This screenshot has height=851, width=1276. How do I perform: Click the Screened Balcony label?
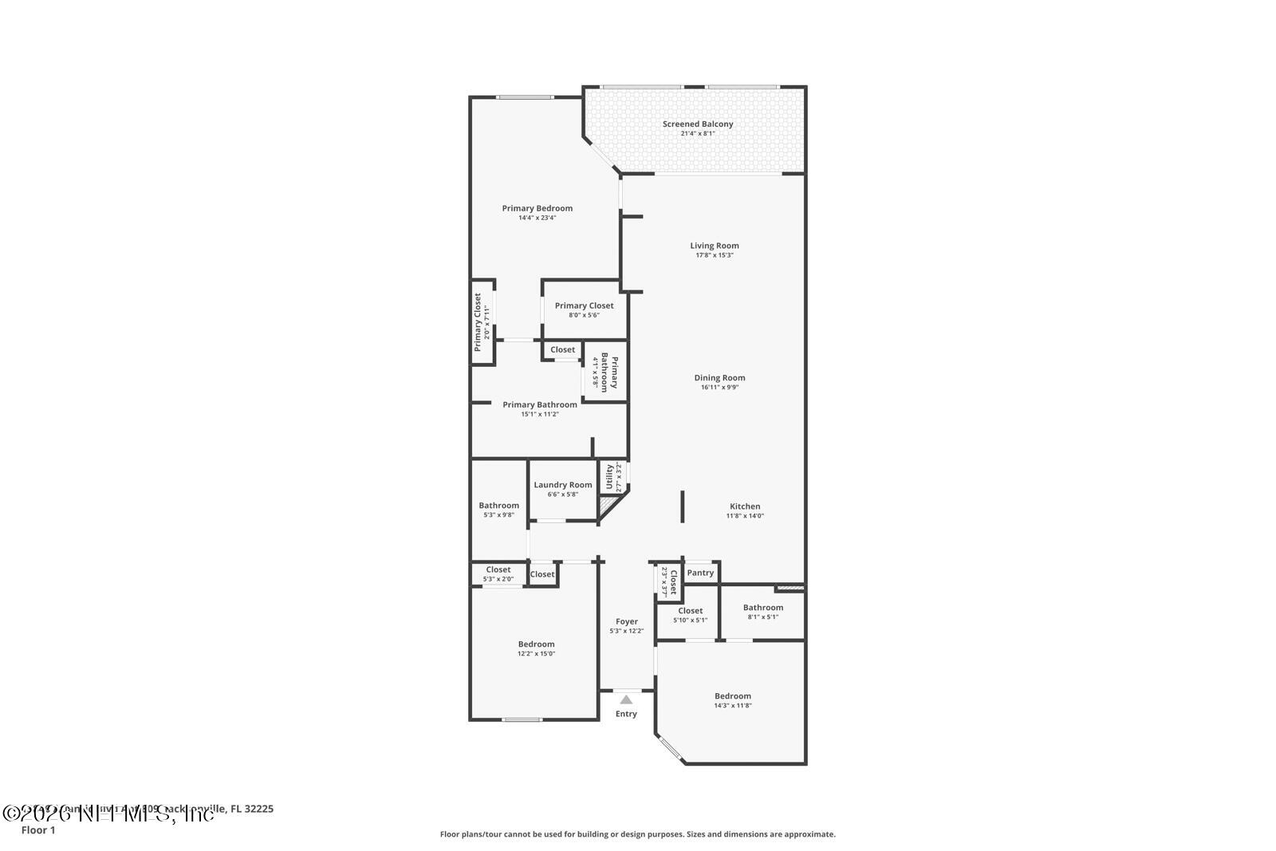(697, 124)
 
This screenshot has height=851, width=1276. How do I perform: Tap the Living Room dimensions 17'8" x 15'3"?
(714, 255)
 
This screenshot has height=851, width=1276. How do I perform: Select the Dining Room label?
(719, 378)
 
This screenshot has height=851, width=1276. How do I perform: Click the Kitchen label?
(745, 506)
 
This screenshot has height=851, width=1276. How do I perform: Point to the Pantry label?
(700, 573)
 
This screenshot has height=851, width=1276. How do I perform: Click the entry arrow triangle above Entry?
(626, 699)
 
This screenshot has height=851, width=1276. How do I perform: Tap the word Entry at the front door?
(626, 714)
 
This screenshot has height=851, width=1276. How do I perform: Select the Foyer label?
(626, 621)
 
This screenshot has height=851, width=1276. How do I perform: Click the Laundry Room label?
(562, 485)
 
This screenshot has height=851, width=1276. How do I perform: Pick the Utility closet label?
(610, 477)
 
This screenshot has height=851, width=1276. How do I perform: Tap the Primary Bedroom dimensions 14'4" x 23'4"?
(537, 218)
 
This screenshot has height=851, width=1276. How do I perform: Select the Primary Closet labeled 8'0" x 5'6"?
(584, 305)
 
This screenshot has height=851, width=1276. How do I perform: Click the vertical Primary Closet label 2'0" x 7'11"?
(478, 322)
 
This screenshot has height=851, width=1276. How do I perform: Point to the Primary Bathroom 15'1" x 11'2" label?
(539, 405)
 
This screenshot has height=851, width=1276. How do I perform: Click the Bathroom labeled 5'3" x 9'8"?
(498, 506)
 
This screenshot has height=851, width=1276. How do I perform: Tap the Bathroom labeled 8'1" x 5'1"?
(762, 608)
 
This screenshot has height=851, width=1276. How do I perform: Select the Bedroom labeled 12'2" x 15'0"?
(536, 644)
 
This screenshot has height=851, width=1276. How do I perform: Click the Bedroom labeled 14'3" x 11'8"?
(732, 696)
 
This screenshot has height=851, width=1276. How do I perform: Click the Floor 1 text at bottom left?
(38, 830)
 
